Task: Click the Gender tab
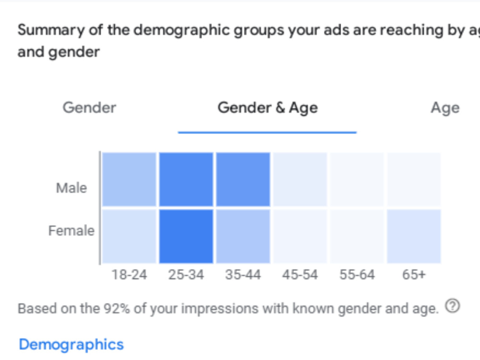(x=89, y=108)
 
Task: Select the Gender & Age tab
(x=267, y=108)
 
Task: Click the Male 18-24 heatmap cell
(x=129, y=180)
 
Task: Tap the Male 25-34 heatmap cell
(x=186, y=180)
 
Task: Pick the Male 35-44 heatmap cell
(x=243, y=180)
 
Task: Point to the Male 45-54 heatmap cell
(x=300, y=180)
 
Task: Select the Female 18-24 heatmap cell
(x=129, y=236)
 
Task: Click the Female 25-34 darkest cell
(x=186, y=236)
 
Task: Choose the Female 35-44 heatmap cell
(x=243, y=236)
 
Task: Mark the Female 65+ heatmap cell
(x=414, y=236)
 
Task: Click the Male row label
(x=72, y=188)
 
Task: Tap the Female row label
(x=72, y=230)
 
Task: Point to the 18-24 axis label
(x=129, y=275)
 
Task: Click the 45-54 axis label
(x=300, y=275)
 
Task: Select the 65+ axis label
(x=414, y=275)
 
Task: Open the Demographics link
(x=72, y=345)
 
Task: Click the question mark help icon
(x=453, y=306)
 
